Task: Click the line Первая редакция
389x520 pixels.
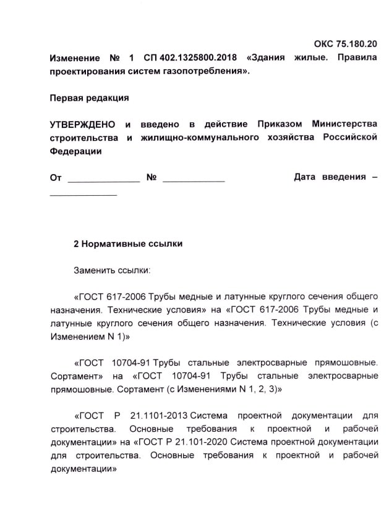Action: (x=89, y=98)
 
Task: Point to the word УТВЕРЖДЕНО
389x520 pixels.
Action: (x=82, y=124)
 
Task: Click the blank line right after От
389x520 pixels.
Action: (x=103, y=180)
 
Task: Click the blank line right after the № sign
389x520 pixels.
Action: (x=193, y=180)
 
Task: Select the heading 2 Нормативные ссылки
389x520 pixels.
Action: (x=128, y=244)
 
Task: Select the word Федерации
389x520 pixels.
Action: (x=75, y=151)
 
